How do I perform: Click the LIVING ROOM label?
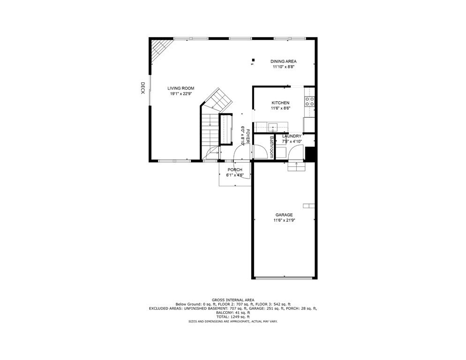point(181,88)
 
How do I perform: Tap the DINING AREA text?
point(284,61)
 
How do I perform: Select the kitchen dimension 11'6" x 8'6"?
point(280,108)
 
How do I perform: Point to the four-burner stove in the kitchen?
point(309,102)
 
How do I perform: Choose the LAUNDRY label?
point(292,136)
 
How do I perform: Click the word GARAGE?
point(284,215)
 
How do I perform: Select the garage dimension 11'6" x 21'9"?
point(284,220)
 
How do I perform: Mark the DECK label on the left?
point(143,88)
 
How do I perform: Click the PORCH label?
point(235,170)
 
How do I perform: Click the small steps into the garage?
point(296,166)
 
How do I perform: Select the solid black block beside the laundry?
point(310,154)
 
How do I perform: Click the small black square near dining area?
point(253,60)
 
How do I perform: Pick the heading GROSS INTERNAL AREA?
point(233,300)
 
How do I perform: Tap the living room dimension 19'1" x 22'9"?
point(181,94)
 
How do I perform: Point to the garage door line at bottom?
point(284,278)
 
